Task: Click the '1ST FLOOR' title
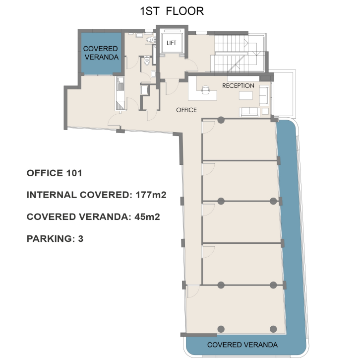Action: [172, 11]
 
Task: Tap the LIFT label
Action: [171, 43]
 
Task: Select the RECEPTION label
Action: [238, 86]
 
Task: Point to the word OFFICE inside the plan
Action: [186, 110]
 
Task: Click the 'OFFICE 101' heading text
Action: [54, 173]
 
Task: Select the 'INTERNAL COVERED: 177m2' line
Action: [96, 195]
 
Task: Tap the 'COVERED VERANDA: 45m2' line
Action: [93, 217]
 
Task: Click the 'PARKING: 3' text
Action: [55, 239]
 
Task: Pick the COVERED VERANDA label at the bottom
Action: [242, 345]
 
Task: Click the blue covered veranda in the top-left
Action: [101, 54]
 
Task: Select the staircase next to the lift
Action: [239, 53]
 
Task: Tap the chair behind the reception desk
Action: [205, 90]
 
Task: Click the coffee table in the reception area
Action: [245, 95]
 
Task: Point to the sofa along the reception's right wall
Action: [264, 95]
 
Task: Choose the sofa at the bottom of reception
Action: [249, 112]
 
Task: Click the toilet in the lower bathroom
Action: [147, 62]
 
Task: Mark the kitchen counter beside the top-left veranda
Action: [120, 93]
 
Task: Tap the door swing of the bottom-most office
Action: [193, 291]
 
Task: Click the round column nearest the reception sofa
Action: [221, 120]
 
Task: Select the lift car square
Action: [172, 43]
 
